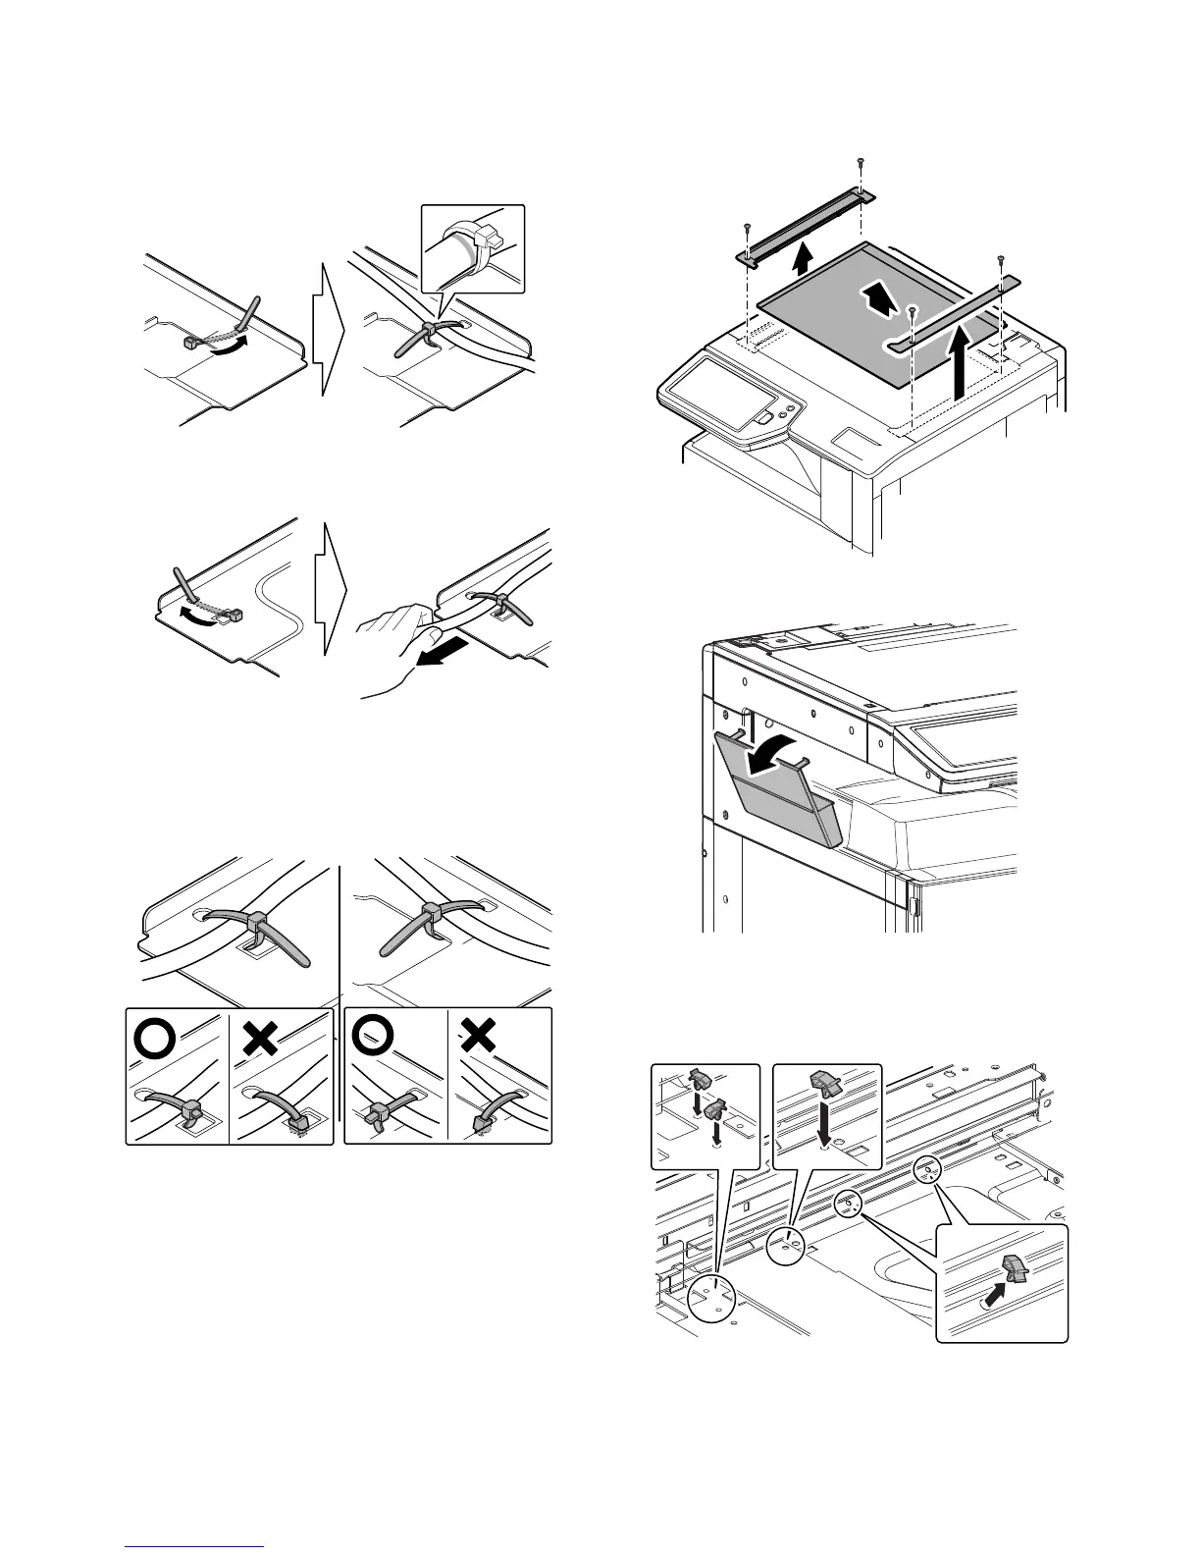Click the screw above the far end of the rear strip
[860, 162]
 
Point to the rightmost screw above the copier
[1000, 260]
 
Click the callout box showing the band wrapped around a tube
[473, 247]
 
